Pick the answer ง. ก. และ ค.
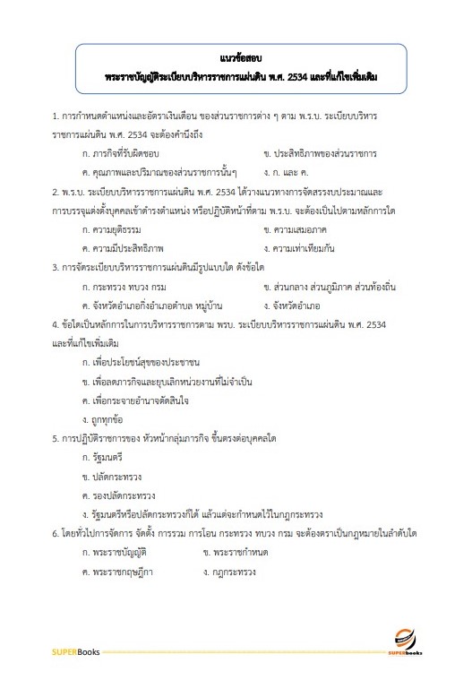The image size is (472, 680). tap(287, 171)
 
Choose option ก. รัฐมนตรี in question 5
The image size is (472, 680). tap(101, 455)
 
